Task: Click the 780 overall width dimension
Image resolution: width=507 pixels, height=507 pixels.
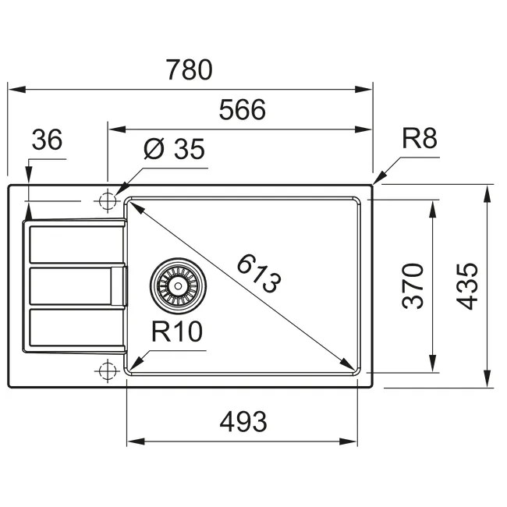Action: [x=190, y=70]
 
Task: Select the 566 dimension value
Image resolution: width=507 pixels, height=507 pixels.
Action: [x=242, y=110]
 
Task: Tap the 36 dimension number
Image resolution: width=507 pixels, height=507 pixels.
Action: [x=47, y=140]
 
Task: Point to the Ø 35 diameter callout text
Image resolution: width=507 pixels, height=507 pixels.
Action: [x=174, y=149]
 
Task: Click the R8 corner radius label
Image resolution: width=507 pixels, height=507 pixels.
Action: [x=420, y=138]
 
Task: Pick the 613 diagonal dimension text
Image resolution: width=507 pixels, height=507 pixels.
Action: [x=259, y=274]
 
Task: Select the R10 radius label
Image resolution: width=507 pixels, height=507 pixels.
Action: [x=177, y=331]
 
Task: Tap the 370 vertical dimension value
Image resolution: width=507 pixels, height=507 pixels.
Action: [x=413, y=286]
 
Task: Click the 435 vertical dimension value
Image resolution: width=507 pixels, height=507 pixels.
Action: [x=467, y=287]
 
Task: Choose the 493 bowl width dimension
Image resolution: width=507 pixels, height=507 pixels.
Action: [x=243, y=422]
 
